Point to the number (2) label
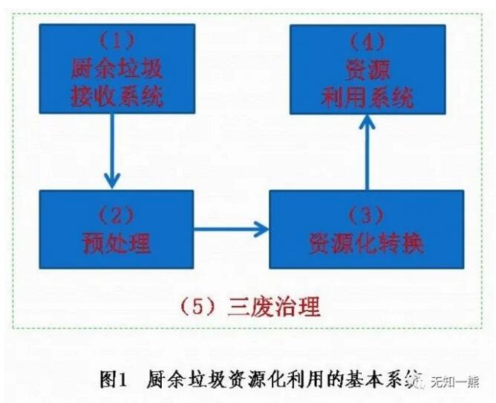[116, 215]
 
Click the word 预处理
[116, 242]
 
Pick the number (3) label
[365, 215]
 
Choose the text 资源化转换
[365, 242]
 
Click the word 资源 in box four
[367, 69]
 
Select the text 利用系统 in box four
[367, 96]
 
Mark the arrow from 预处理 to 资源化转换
[231, 228]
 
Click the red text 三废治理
[275, 306]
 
